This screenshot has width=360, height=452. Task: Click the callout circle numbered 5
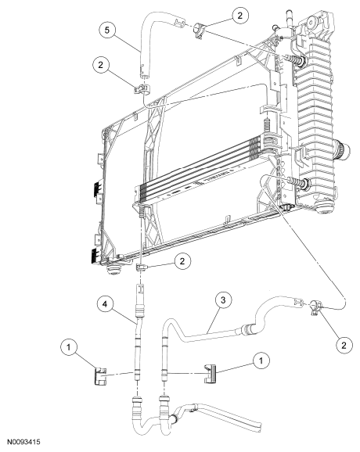click(x=107, y=30)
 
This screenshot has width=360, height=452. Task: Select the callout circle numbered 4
click(x=105, y=304)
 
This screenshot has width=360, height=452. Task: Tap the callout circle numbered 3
click(x=223, y=300)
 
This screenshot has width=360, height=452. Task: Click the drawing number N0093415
click(x=23, y=442)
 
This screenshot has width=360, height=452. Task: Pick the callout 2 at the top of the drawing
click(x=240, y=16)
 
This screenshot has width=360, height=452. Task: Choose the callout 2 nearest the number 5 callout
click(x=100, y=65)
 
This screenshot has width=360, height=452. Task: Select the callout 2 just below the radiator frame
click(x=182, y=261)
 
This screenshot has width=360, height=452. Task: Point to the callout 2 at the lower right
click(x=344, y=345)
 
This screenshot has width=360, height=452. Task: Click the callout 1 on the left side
click(x=68, y=347)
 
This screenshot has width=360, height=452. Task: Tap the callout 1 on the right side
click(x=261, y=361)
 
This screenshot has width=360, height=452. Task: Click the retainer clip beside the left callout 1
click(x=100, y=375)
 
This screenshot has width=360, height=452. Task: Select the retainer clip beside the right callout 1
click(x=211, y=374)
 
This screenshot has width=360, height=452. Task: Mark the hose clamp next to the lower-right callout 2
click(x=315, y=307)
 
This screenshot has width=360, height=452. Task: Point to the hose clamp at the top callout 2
click(x=200, y=30)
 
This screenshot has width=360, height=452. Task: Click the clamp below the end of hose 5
click(x=142, y=88)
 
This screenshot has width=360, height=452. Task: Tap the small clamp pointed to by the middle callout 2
click(x=141, y=267)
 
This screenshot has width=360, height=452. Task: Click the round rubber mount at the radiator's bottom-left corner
click(x=113, y=270)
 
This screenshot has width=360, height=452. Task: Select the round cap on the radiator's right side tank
click(x=343, y=150)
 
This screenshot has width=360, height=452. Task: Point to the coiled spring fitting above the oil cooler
click(x=268, y=125)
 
